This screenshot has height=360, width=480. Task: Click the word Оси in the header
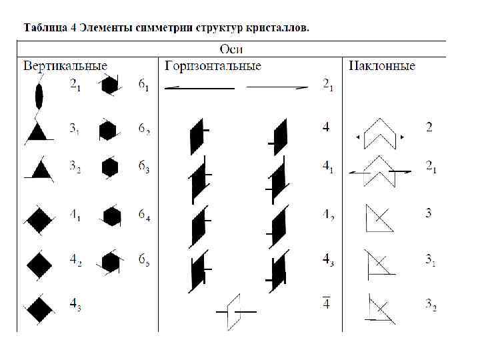[x=231, y=49]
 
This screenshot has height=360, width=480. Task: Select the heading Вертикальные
[x=65, y=65]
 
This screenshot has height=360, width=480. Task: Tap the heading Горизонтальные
[x=213, y=65]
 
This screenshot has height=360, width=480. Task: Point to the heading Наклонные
[x=381, y=65]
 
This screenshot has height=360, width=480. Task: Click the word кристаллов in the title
[x=276, y=28]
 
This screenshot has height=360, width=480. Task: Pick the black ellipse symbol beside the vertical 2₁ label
[x=39, y=96]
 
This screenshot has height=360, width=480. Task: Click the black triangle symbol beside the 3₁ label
[x=39, y=132]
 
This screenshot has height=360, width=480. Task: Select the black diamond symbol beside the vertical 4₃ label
[x=39, y=308]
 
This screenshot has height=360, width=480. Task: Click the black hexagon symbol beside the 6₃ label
[x=110, y=167]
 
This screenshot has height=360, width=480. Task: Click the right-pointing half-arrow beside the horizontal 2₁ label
[x=277, y=87]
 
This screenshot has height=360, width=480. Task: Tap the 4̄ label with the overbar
[x=326, y=303]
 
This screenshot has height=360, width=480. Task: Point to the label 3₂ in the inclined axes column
[x=431, y=305]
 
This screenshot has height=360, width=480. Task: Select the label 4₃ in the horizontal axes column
[x=327, y=259]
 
